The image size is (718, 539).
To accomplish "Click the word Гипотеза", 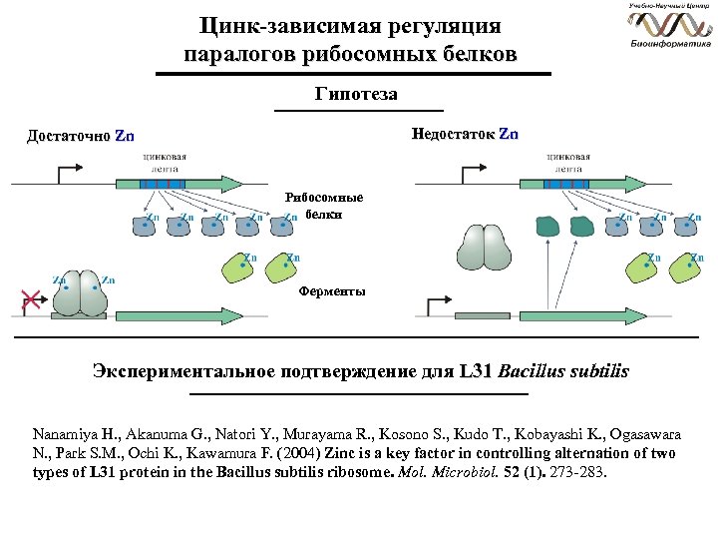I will click(355, 95).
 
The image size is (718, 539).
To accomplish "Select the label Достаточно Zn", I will click(80, 136).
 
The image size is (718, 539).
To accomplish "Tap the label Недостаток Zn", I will click(465, 134).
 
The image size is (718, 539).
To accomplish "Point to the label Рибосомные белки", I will click(324, 206).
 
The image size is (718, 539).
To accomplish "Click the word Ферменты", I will click(332, 291).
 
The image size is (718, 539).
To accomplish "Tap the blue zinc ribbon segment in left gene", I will click(162, 185).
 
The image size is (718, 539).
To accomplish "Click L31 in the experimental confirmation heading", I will click(476, 371).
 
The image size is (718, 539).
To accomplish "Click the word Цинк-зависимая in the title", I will click(264, 25).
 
